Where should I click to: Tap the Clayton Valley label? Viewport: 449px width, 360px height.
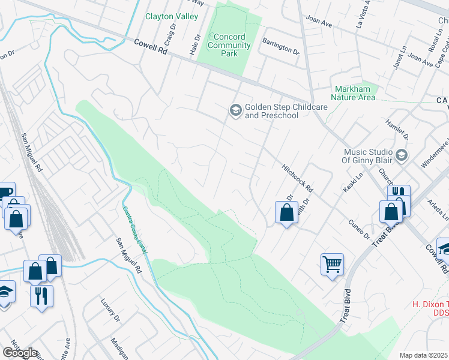[172, 16]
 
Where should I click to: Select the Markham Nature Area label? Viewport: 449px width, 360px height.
[355, 93]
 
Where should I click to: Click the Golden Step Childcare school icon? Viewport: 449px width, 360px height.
[235, 110]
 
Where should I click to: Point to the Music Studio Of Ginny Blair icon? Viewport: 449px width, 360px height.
[402, 155]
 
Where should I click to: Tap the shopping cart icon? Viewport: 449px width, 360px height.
[332, 263]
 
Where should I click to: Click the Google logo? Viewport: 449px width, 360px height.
[20, 353]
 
